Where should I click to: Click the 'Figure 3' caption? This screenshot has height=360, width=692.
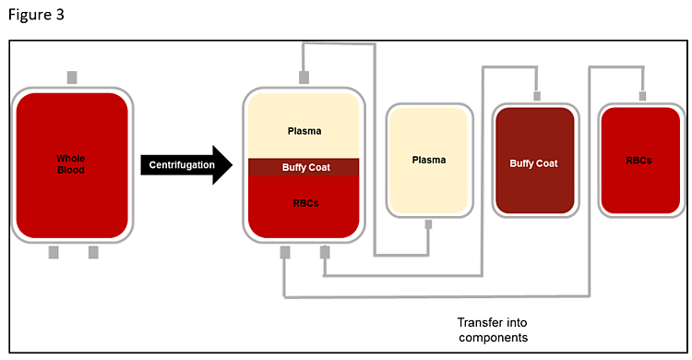coord(37,16)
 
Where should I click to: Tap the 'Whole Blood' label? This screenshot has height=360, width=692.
coord(70,163)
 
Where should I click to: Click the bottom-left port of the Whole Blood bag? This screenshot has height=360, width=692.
coord(53,252)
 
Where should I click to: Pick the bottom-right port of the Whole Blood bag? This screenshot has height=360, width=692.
coord(93,252)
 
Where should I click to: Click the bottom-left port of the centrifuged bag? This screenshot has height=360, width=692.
coord(285,252)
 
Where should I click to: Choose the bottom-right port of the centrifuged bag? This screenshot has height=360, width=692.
coord(325,252)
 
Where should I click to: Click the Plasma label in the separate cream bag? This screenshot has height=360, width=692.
coord(429,160)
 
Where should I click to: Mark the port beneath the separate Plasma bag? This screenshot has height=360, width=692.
coord(429,224)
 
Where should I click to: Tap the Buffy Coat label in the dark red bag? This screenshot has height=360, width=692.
coord(534,163)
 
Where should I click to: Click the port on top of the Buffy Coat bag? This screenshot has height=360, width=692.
coord(535,94)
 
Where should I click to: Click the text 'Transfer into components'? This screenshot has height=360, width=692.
coord(493,330)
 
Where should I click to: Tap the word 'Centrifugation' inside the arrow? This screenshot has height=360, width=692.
coord(179,165)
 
